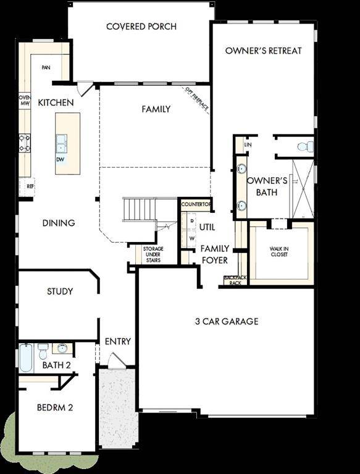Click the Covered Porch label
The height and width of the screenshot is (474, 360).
click(x=141, y=27)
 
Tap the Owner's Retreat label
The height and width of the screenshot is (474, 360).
click(x=264, y=51)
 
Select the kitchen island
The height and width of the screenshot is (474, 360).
click(x=68, y=143)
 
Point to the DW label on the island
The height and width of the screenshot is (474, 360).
click(x=61, y=159)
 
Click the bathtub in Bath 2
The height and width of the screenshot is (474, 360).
click(x=25, y=358)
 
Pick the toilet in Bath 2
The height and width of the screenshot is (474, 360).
click(x=43, y=352)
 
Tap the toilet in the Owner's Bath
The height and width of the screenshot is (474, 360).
click(x=303, y=147)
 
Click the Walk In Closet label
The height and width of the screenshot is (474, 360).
click(x=278, y=252)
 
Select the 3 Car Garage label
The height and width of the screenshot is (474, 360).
click(x=227, y=321)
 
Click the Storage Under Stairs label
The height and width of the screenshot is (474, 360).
click(x=153, y=254)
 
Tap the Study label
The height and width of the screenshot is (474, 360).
click(x=60, y=291)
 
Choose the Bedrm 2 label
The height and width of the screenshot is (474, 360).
click(x=55, y=407)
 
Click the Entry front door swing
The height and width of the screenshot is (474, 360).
click(x=115, y=360)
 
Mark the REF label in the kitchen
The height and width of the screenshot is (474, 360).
click(x=29, y=185)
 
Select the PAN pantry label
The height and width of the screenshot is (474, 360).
click(x=46, y=67)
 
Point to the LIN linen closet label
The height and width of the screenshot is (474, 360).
click(x=248, y=144)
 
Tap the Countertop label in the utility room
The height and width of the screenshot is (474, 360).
click(x=196, y=205)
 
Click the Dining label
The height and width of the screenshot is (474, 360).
click(x=59, y=223)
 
